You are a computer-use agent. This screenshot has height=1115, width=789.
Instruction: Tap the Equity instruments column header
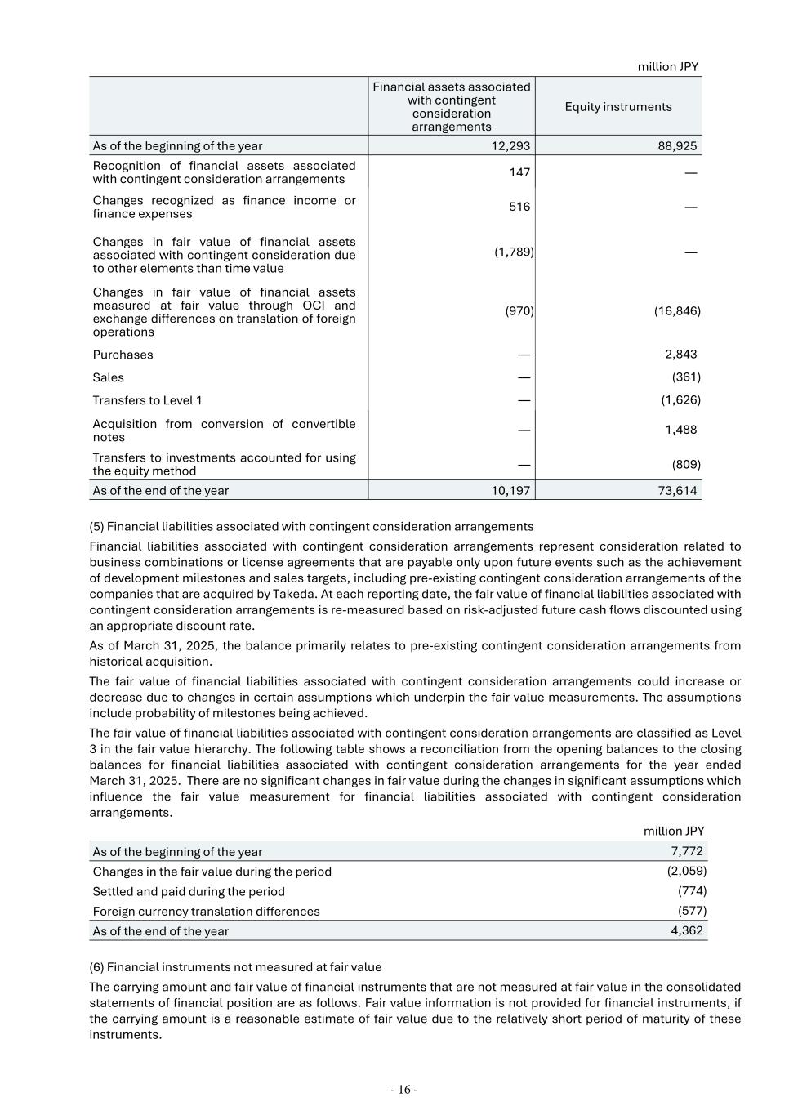pyautogui.click(x=618, y=107)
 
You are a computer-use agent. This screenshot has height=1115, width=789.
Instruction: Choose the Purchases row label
pyautogui.click(x=123, y=355)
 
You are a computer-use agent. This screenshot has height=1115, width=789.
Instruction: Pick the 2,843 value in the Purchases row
pyautogui.click(x=680, y=354)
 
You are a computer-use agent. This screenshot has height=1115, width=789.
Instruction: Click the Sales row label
pyautogui.click(x=109, y=377)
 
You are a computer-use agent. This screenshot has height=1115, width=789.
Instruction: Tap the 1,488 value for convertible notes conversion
pyautogui.click(x=680, y=430)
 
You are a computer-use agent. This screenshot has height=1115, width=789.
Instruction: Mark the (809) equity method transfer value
pyautogui.click(x=686, y=464)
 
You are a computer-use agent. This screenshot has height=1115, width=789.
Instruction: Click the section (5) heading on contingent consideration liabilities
pyautogui.click(x=311, y=527)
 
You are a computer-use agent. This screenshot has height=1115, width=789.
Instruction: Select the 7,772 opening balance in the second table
pyautogui.click(x=686, y=851)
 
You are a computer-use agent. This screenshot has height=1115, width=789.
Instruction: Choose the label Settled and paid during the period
pyautogui.click(x=189, y=891)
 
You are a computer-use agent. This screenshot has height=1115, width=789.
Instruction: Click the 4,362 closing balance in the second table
pyautogui.click(x=686, y=930)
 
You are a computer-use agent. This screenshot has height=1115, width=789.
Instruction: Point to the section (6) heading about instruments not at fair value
pyautogui.click(x=235, y=967)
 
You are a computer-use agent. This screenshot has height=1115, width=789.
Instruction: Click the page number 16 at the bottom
pyautogui.click(x=403, y=1090)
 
